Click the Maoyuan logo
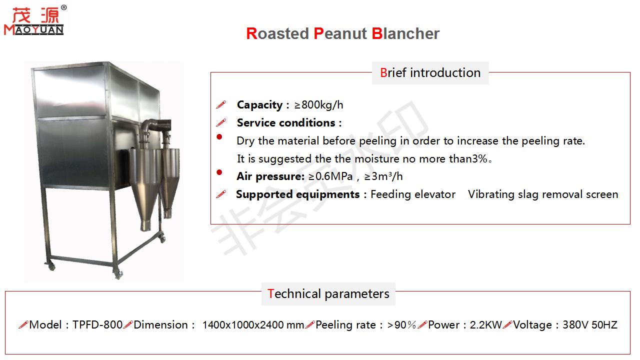click(x=34, y=21)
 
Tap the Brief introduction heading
click(x=430, y=72)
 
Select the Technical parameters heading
click(x=328, y=293)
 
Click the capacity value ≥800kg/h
click(x=318, y=105)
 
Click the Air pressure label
click(x=270, y=176)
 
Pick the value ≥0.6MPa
click(x=330, y=176)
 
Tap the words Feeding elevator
click(x=412, y=194)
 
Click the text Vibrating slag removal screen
click(x=543, y=194)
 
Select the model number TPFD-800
click(x=97, y=325)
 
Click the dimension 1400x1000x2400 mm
click(x=252, y=325)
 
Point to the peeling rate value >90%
click(x=401, y=325)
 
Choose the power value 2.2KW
click(x=485, y=325)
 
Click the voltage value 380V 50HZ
click(x=589, y=325)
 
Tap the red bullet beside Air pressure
click(x=219, y=172)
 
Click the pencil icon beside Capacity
click(x=220, y=105)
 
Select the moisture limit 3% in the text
click(x=479, y=159)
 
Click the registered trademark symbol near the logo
click(x=63, y=7)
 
